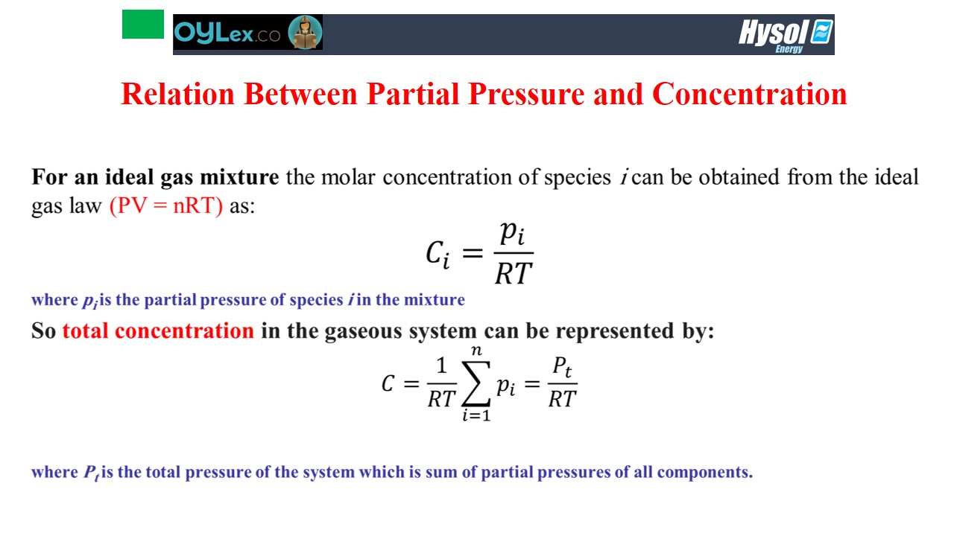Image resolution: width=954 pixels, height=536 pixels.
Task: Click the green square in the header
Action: pos(143,25)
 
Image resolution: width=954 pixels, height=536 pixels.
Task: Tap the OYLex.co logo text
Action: pos(227,32)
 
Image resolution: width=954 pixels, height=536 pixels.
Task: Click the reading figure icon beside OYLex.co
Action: pos(305,32)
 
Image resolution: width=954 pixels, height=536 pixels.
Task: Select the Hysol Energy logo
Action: pos(786,36)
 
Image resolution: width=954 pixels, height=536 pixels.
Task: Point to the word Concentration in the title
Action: pos(750,94)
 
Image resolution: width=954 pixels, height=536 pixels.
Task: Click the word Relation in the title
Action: pos(177,94)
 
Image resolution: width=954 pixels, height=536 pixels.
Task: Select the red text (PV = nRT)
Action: pos(166,206)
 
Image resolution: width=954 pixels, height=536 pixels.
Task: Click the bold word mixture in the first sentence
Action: pos(239,177)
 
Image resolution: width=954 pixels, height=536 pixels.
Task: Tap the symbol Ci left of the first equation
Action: pos(437,255)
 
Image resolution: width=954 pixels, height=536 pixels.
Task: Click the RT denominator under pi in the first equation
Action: pos(514,273)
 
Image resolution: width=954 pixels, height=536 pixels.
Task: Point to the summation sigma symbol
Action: pos(476,383)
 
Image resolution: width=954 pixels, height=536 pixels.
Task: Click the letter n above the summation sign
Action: pos(476,351)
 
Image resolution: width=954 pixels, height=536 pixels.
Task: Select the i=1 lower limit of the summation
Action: pos(476,415)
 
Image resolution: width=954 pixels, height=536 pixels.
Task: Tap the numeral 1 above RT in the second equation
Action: pos(442,366)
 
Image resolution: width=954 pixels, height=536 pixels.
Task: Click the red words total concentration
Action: pos(158,331)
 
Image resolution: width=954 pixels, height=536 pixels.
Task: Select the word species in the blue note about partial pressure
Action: pos(317,300)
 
